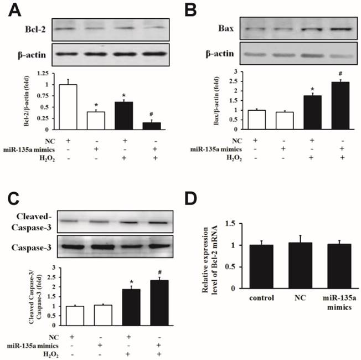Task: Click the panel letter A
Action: point(10,9)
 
